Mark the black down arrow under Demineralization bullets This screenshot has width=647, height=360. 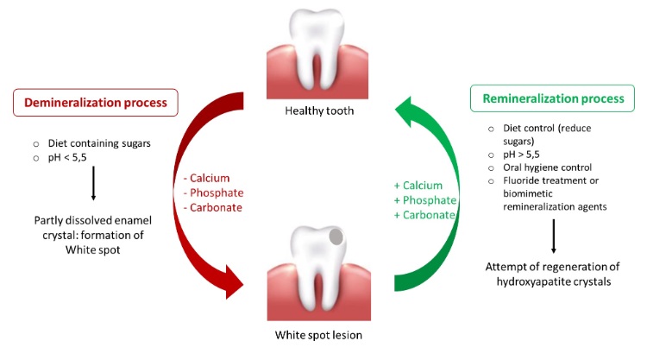pyautogui.click(x=92, y=186)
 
